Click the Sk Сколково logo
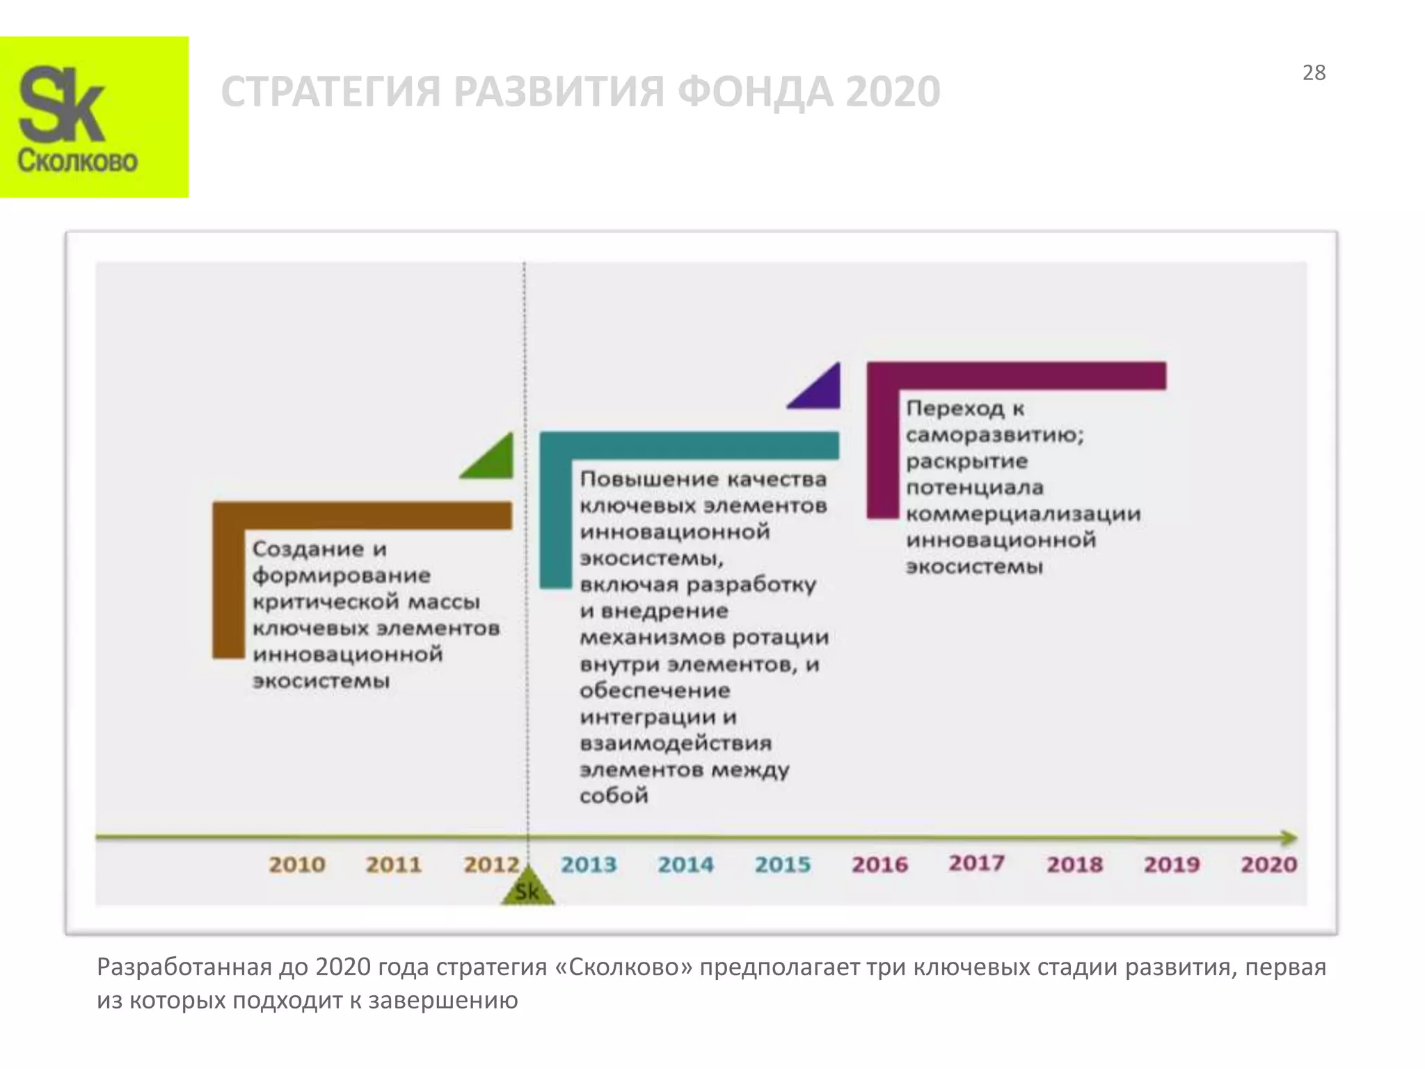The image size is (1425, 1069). (x=94, y=117)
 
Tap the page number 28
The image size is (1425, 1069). (x=1314, y=73)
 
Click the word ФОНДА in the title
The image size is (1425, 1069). (x=754, y=92)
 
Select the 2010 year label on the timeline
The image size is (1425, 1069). (x=297, y=864)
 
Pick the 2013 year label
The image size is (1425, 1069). (x=589, y=864)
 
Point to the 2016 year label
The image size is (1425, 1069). (x=879, y=864)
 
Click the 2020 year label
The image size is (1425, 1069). (x=1268, y=864)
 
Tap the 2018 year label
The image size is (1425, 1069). (x=1074, y=864)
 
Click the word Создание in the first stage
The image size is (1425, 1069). (x=308, y=549)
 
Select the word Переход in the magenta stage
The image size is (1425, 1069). (x=955, y=409)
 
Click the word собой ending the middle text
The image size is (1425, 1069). (x=614, y=795)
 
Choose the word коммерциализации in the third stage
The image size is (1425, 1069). (x=1023, y=514)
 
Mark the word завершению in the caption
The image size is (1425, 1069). (x=443, y=1001)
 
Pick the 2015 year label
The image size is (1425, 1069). (x=783, y=864)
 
